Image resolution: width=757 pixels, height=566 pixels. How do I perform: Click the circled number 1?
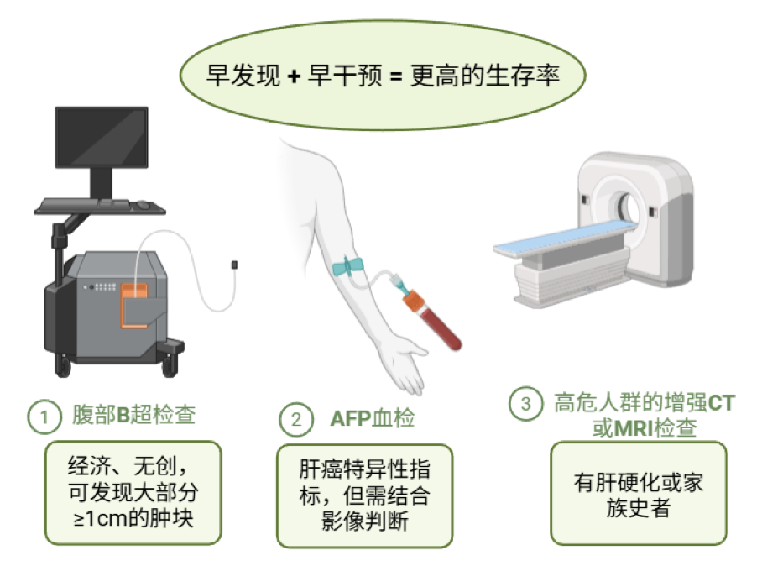point(44,417)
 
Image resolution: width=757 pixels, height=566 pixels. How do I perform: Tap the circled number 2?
point(296,419)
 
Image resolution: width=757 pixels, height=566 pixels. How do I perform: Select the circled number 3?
point(525,404)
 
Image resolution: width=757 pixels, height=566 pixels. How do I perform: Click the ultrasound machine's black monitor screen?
point(102,138)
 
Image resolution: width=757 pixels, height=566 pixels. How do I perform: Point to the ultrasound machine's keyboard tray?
point(101,207)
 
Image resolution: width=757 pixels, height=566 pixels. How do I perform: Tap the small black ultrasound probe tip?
point(235,265)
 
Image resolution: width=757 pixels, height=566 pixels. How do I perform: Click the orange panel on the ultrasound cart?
point(134,307)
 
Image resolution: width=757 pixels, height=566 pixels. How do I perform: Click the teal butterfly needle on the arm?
point(347,266)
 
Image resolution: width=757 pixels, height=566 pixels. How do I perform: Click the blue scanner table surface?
point(565,239)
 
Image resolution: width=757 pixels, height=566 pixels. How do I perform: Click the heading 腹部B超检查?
point(133,415)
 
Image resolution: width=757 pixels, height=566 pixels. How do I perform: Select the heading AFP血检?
point(373,418)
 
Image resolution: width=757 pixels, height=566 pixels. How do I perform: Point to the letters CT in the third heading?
point(721,403)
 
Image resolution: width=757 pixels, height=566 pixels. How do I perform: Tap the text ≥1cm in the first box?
point(101,519)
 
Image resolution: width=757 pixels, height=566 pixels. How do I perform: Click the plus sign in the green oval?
point(294,76)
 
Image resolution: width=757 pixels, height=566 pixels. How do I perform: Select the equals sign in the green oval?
point(396,76)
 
